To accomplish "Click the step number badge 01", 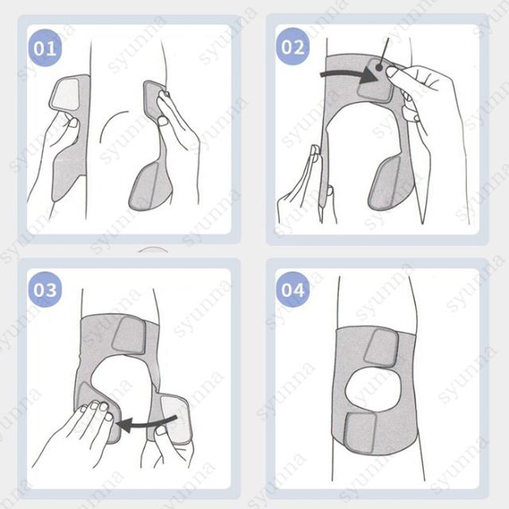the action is [45, 48].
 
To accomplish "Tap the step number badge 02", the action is [293, 46].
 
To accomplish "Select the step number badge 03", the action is [45, 289].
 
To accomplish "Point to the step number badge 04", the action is [293, 289].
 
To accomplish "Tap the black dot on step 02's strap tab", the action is [379, 68].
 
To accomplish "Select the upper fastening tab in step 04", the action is [381, 348].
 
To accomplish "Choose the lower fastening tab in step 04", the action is [360, 433].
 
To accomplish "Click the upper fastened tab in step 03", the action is [130, 336].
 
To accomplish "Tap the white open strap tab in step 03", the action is [176, 419].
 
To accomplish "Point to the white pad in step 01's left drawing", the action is [66, 93].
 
